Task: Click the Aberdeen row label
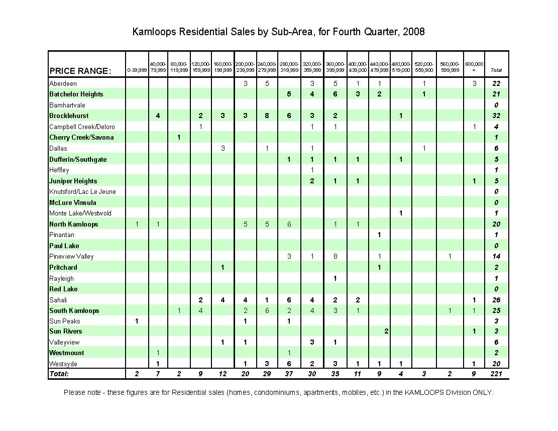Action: pos(63,83)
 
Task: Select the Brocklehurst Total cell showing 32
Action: pos(496,116)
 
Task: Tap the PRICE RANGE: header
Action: pos(80,71)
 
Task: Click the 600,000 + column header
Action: pos(474,67)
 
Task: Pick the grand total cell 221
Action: pos(496,374)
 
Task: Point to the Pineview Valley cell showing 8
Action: pos(335,257)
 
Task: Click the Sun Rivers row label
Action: pos(66,332)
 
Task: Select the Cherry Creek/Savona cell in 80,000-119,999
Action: pos(179,138)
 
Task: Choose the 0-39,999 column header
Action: pos(137,70)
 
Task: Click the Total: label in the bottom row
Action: pos(59,374)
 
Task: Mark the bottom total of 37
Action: pos(289,374)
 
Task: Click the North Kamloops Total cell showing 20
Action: pos(496,225)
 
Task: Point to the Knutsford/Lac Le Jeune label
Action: pos(82,192)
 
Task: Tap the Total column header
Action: pos(496,70)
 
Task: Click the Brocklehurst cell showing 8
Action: pos(267,116)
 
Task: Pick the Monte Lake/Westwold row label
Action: pos(80,213)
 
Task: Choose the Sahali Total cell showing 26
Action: pos(496,300)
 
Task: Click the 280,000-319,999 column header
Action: pos(289,67)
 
